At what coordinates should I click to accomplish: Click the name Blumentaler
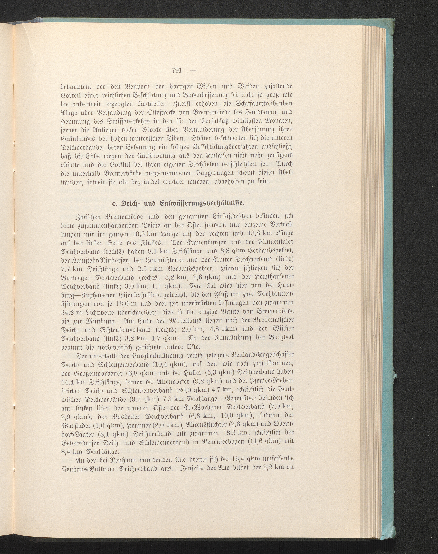[270, 242]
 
